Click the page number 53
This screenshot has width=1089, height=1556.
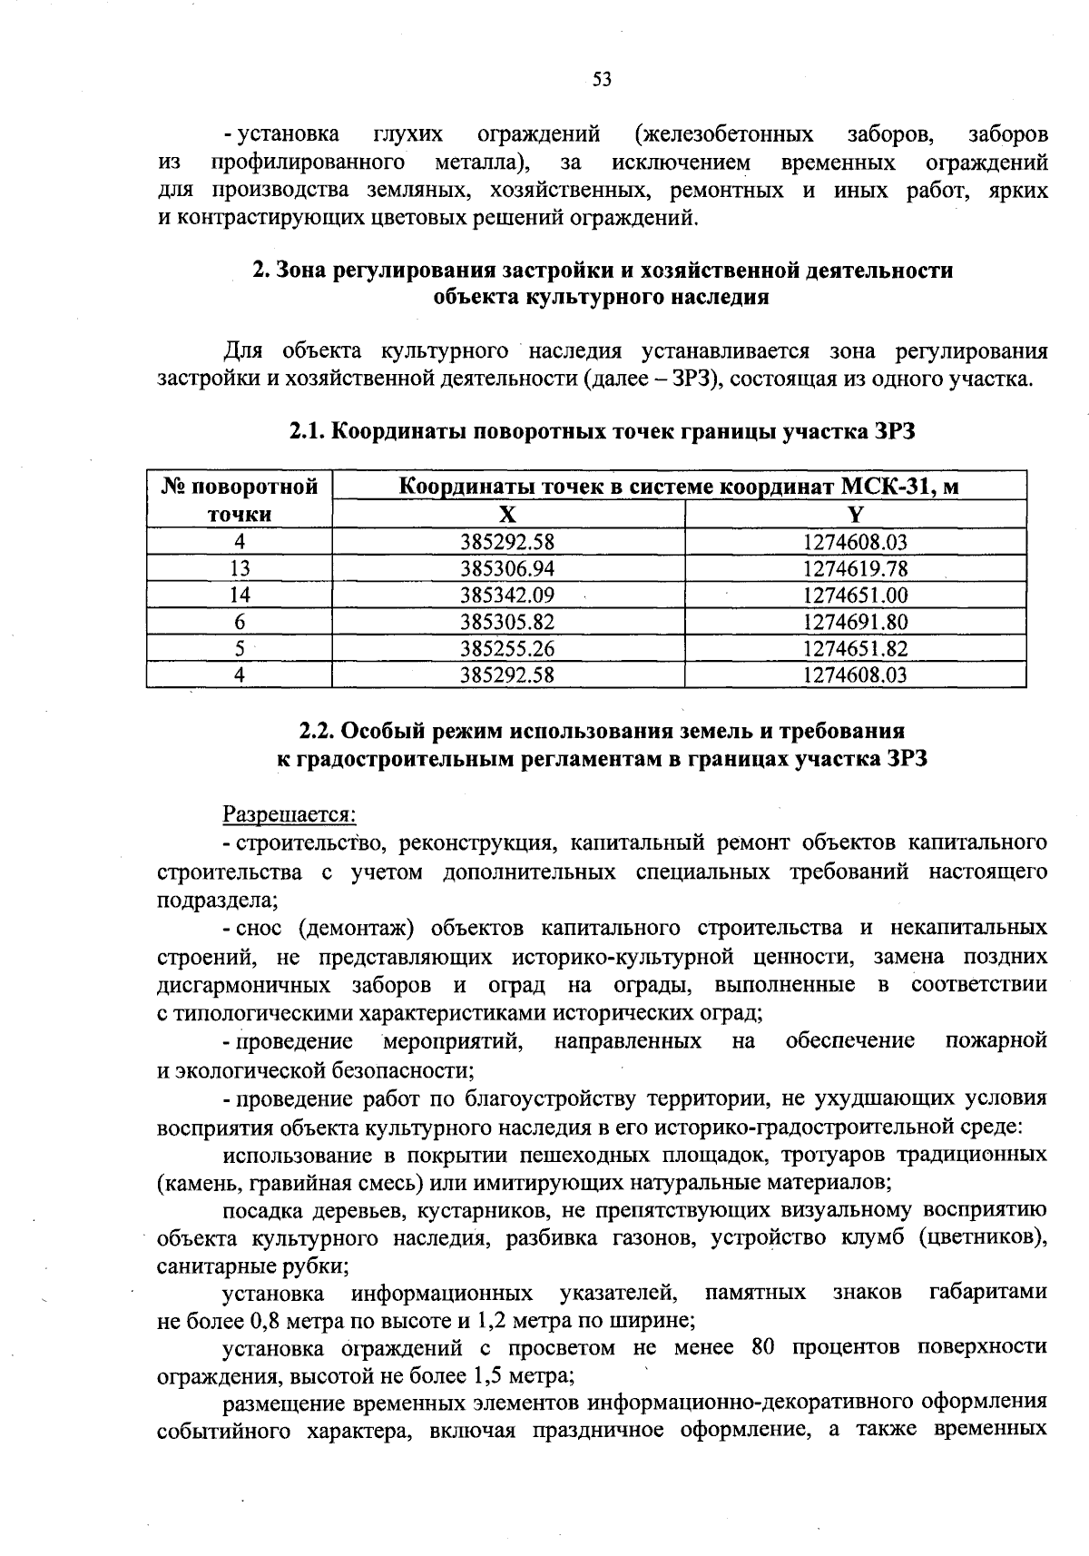[602, 80]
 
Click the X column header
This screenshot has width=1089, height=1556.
[508, 515]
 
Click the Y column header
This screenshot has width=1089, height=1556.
[855, 515]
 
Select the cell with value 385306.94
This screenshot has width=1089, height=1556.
[507, 569]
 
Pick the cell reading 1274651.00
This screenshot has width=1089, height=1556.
[855, 596]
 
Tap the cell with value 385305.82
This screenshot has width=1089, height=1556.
[507, 622]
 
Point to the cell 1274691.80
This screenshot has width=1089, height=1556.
[855, 622]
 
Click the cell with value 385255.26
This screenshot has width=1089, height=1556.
[507, 648]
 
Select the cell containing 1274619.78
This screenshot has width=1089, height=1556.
[855, 569]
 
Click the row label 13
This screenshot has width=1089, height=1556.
[240, 569]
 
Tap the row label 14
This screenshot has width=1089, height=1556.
[240, 596]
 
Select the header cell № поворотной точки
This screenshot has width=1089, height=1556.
[240, 500]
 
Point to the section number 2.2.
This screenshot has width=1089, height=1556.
[318, 731]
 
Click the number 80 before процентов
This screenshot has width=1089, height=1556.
[762, 1346]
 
